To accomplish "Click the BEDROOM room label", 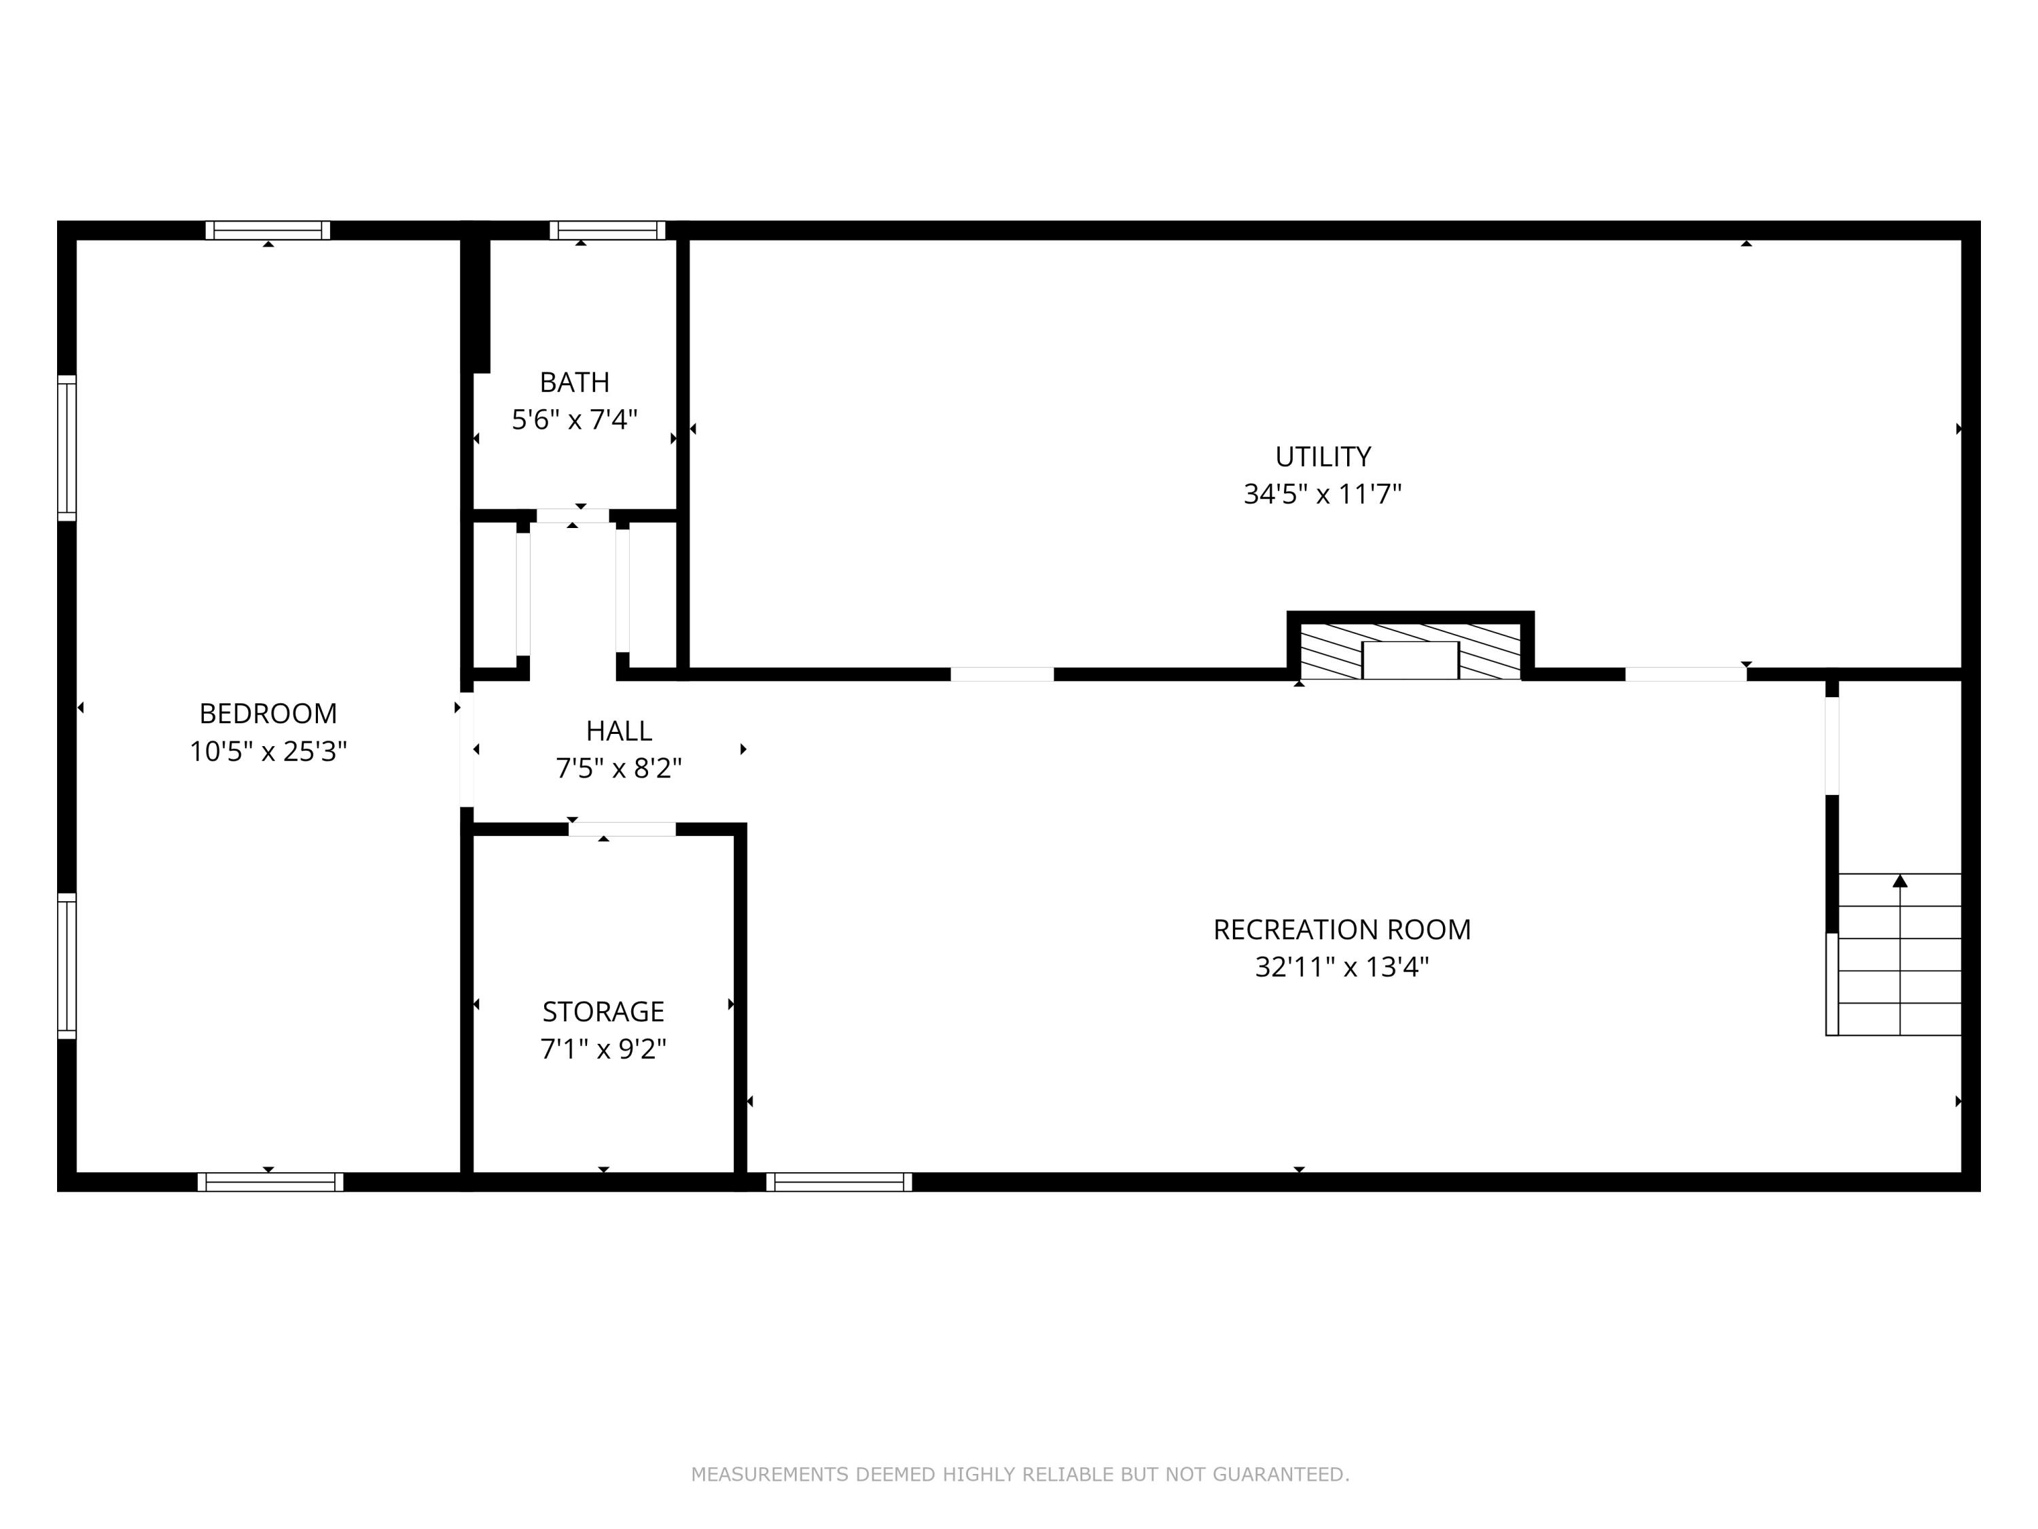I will coord(268,714).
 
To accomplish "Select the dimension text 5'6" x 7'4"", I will coord(574,420).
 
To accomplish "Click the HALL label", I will coord(618,731).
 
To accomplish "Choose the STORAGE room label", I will coord(603,1012).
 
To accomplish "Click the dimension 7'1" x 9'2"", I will coord(603,1050).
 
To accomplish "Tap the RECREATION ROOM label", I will coord(1342,930).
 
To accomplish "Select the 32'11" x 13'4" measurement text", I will coord(1342,968).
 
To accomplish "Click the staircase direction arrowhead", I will coord(1900,881).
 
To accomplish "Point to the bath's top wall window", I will coord(607,230).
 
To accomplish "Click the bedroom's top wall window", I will coord(267,230).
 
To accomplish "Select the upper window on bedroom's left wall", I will coord(67,448).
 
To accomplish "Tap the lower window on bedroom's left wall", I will coord(67,966).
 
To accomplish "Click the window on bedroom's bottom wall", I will coord(270,1182).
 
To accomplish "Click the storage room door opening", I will coord(622,830).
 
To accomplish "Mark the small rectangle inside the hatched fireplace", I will coord(1410,661).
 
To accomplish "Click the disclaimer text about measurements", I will coord(1020,1475).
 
